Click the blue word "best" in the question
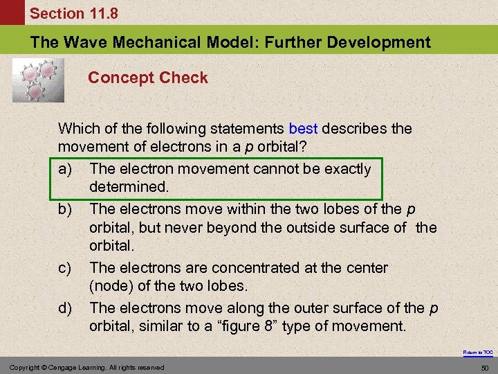(x=304, y=129)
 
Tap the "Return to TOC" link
(x=479, y=353)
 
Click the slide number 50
(x=486, y=367)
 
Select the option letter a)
(x=66, y=169)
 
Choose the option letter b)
(x=66, y=209)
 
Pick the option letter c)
(x=66, y=267)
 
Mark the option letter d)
(x=66, y=308)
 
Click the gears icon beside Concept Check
(x=38, y=80)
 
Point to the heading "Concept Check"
(x=147, y=78)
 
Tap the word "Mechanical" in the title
(x=159, y=42)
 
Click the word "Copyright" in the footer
(x=23, y=367)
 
